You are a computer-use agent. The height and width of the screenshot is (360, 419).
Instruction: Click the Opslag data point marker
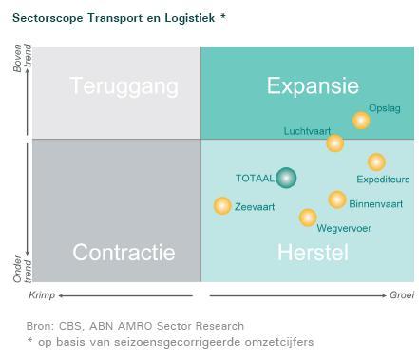pos(361,120)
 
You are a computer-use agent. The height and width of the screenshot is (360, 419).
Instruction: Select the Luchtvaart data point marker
pos(334,143)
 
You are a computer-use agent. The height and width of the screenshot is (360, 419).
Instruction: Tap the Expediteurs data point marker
pos(376,162)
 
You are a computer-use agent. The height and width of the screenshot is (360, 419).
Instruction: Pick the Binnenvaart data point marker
pos(336,199)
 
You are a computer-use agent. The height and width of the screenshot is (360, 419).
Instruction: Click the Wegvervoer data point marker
pos(308,218)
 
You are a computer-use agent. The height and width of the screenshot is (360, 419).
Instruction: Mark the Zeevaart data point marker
pos(222,205)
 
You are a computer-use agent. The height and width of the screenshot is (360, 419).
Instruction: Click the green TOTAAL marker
pos(286,178)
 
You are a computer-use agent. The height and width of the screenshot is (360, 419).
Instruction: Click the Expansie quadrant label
pos(313,86)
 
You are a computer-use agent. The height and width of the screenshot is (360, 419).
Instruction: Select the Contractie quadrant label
pos(124,253)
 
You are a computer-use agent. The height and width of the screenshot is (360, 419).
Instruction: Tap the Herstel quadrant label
pos(313,253)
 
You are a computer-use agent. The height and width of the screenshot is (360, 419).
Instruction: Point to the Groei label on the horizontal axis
pos(402,296)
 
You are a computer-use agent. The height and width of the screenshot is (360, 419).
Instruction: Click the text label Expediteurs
pos(382,180)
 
